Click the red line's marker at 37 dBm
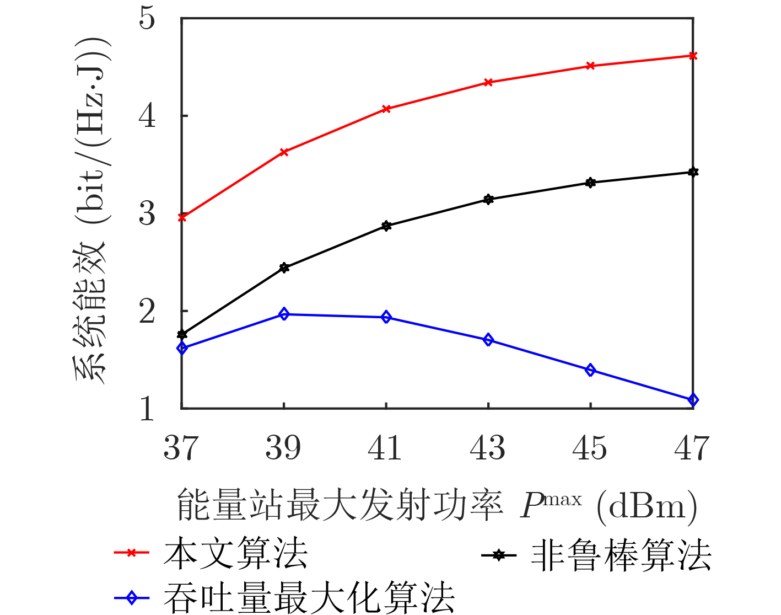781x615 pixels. click(x=182, y=217)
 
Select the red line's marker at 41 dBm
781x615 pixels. click(x=386, y=109)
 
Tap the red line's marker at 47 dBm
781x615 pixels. click(x=693, y=56)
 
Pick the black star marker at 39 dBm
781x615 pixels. click(x=284, y=268)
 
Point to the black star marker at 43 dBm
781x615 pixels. click(x=488, y=199)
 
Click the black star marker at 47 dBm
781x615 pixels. click(x=693, y=172)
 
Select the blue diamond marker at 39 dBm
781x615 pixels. click(x=284, y=314)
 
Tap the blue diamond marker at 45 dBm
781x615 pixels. click(x=590, y=370)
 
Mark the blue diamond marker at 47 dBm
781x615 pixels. click(x=693, y=400)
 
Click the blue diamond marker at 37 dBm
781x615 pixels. click(x=182, y=348)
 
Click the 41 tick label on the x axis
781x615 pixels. click(x=385, y=448)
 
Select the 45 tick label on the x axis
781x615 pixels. click(x=590, y=448)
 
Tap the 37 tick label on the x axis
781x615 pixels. click(x=181, y=448)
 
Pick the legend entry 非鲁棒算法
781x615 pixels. click(x=621, y=555)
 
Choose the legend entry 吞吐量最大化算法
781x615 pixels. click(x=309, y=597)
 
